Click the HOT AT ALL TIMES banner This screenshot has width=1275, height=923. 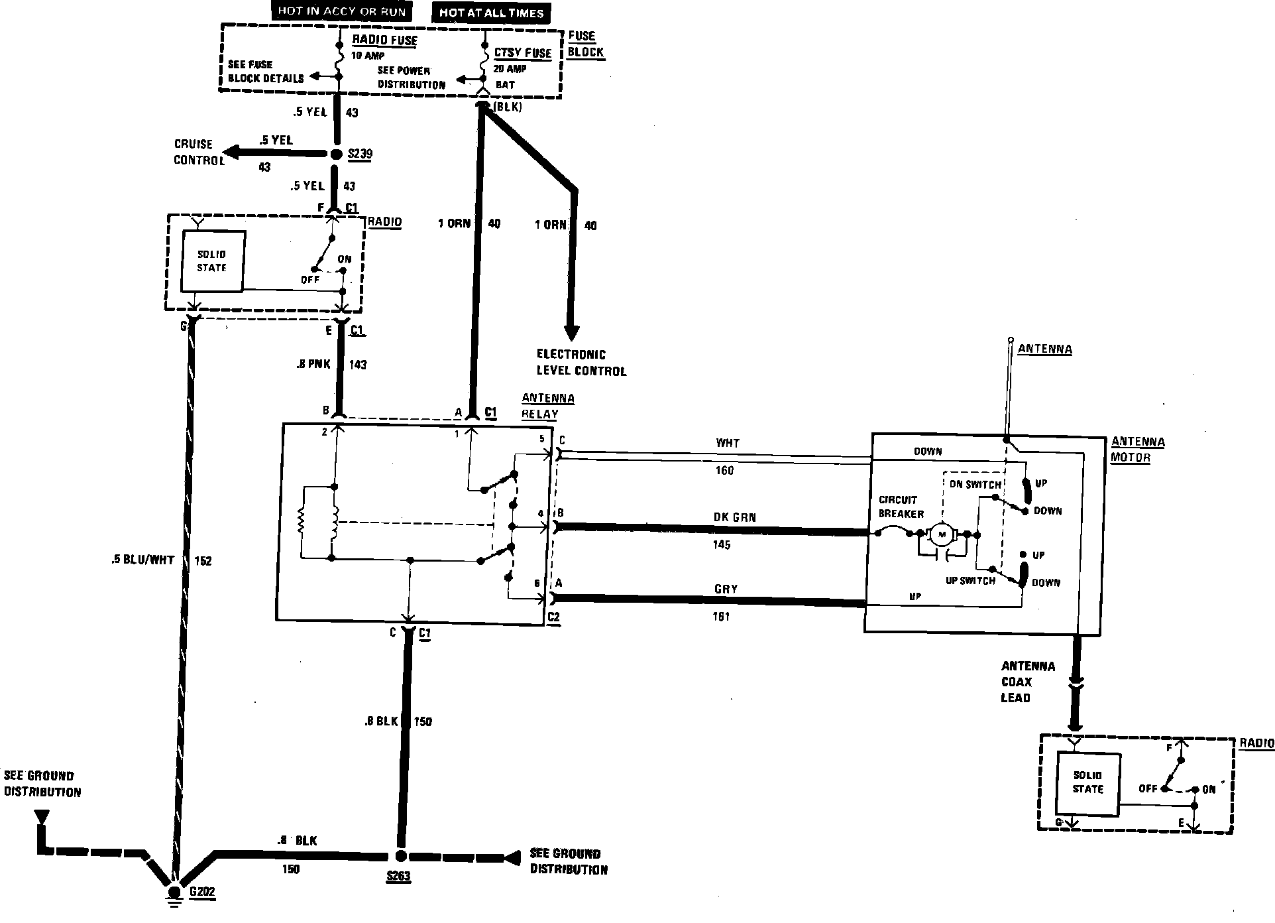(x=491, y=13)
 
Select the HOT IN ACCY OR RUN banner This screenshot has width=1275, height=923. (x=341, y=11)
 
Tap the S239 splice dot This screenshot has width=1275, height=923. (x=336, y=154)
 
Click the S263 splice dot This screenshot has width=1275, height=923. (x=400, y=856)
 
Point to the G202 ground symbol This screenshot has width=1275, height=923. (x=175, y=894)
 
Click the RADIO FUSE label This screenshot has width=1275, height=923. (x=384, y=40)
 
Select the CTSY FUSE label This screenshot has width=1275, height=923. (x=523, y=52)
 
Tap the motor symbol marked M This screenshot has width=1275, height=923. (x=941, y=534)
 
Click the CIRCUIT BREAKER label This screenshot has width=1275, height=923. (x=898, y=507)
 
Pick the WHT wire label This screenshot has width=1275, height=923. (x=727, y=443)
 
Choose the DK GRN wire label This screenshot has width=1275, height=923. (x=734, y=517)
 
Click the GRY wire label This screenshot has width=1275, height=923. (x=726, y=589)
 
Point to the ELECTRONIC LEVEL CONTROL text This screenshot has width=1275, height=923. (x=581, y=363)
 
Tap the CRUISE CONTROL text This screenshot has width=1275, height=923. (x=194, y=152)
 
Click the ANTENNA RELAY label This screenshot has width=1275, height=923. (x=547, y=406)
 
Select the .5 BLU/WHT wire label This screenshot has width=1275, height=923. (x=142, y=560)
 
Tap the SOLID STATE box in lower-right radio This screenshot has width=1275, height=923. (x=1088, y=782)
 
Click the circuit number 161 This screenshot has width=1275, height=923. (x=721, y=617)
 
